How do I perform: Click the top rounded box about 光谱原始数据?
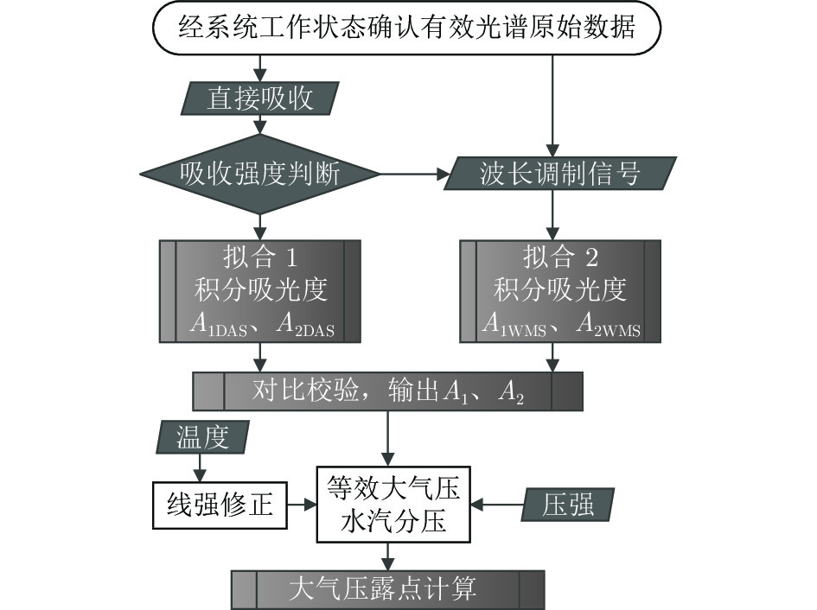tap(406, 28)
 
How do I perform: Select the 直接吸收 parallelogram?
tap(259, 98)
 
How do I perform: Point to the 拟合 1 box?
tap(259, 290)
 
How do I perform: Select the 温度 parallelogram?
tap(202, 436)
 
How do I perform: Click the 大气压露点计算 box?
tap(387, 589)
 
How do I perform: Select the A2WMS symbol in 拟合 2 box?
tap(606, 327)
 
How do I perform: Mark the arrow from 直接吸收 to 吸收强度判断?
tap(259, 124)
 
